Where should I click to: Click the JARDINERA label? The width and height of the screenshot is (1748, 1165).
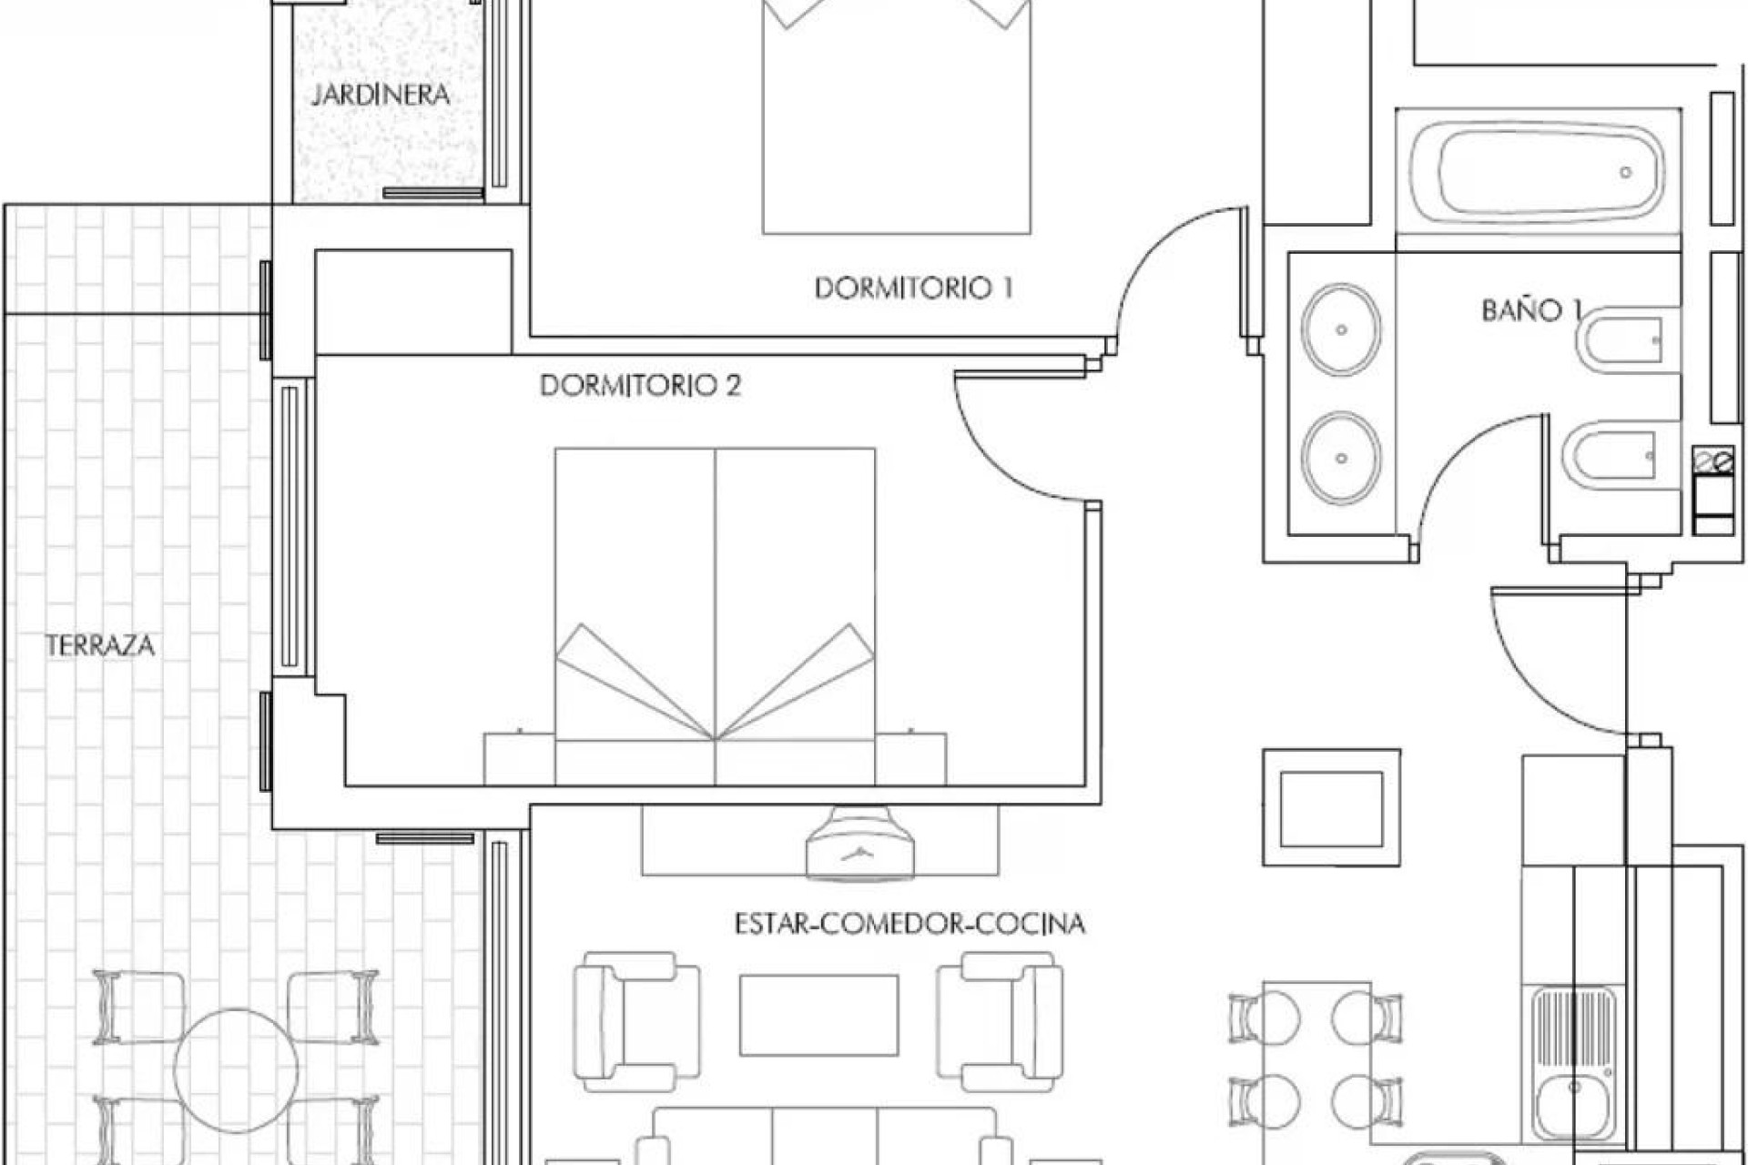click(x=381, y=95)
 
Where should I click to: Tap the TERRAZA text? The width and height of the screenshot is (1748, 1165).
click(x=100, y=646)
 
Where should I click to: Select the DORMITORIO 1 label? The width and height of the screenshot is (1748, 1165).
click(x=913, y=289)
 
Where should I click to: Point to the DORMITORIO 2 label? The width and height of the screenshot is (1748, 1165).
click(x=641, y=386)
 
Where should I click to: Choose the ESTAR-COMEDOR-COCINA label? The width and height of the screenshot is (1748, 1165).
click(x=910, y=924)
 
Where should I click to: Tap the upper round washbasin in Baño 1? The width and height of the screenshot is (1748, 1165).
click(x=1340, y=329)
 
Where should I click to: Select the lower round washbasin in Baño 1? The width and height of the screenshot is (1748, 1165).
click(x=1340, y=458)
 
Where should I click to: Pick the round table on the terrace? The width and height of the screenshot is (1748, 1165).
click(x=236, y=1070)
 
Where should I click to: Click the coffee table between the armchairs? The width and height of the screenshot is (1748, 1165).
click(x=818, y=1015)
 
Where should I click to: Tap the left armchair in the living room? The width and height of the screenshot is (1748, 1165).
click(x=635, y=1021)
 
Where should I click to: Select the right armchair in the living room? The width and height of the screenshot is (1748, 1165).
click(x=1001, y=1021)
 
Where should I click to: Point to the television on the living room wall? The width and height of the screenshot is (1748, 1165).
click(x=860, y=845)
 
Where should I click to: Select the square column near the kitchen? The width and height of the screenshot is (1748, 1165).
click(x=1331, y=807)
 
